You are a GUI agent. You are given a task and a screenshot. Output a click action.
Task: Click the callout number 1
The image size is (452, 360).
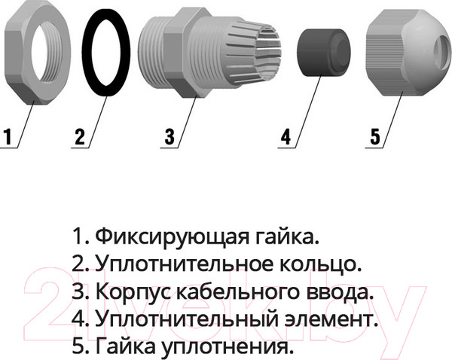tap(8, 136)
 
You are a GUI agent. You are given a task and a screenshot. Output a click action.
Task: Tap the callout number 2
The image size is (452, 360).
tap(80, 136)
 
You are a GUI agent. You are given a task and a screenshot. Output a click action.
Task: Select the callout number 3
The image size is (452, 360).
tap(169, 136)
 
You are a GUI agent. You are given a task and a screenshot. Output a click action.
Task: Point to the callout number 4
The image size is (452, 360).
tap(286, 136)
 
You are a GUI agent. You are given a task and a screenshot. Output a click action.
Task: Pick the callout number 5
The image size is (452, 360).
tap(375, 136)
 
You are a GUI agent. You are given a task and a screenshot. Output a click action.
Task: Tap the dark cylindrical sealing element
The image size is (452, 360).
tap(323, 52)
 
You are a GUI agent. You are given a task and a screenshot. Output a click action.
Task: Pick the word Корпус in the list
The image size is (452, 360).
tap(134, 291)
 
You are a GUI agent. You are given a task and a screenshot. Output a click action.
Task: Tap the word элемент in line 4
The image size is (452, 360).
tap(331, 319)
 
